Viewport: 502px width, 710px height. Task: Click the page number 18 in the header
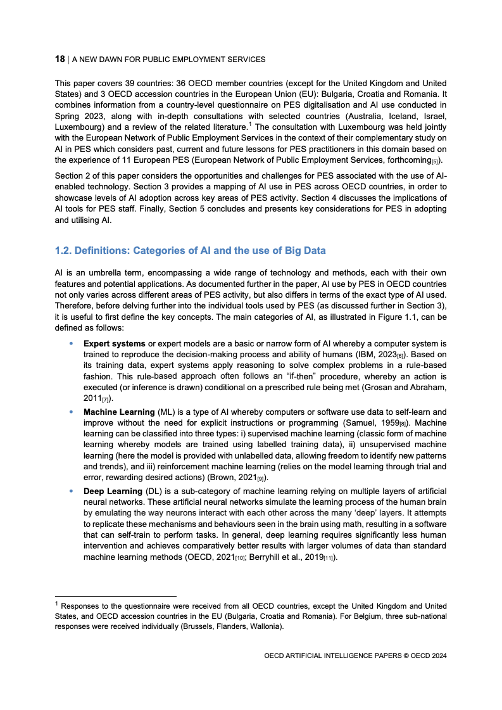coord(60,59)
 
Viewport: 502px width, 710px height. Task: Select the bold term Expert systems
coord(115,343)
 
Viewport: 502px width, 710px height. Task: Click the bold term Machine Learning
coord(119,412)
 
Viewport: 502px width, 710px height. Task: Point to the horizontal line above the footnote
coord(116,596)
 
